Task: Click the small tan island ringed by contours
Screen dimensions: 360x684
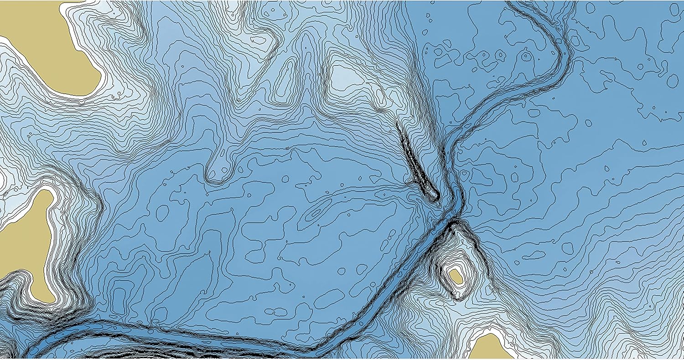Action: [x=455, y=276]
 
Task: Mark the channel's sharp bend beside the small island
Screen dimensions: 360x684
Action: [x=454, y=219]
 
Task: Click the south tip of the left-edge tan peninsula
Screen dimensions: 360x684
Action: [x=46, y=298]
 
